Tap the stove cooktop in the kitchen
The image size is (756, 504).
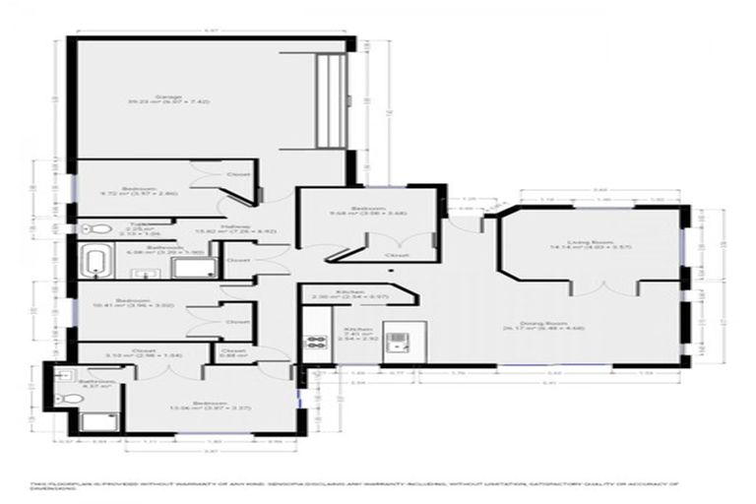[317, 343]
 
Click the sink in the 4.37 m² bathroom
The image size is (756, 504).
[61, 375]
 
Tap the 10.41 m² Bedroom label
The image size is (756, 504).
[131, 301]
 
